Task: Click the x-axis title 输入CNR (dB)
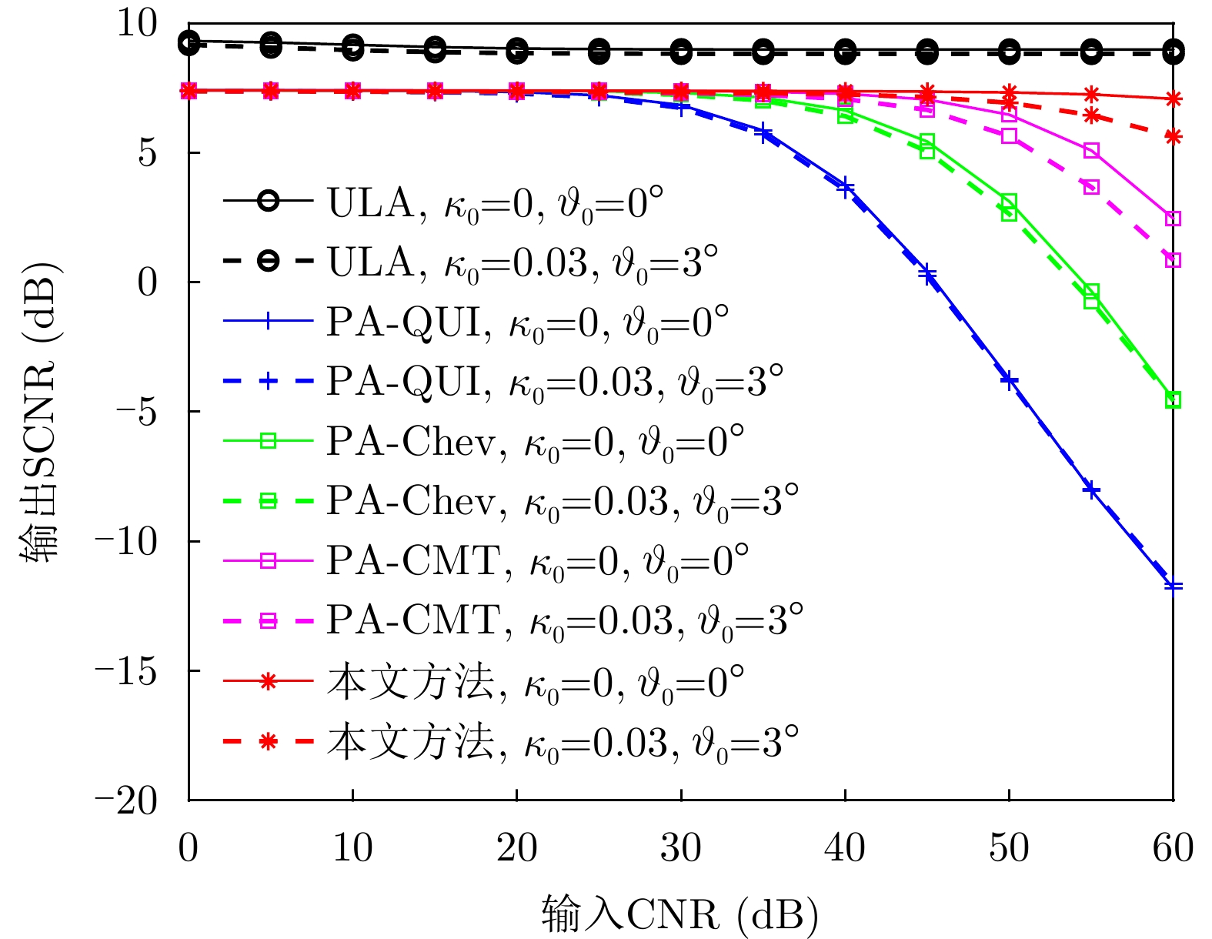pos(680,914)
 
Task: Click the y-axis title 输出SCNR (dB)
pos(40,412)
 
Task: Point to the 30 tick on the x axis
pos(681,848)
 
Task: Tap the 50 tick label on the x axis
pos(1009,848)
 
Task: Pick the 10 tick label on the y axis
pos(137,23)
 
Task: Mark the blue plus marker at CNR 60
pos(1173,586)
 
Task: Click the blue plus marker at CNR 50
pos(1009,380)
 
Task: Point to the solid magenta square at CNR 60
pos(1173,219)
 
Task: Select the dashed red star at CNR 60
pos(1173,137)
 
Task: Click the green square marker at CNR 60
pos(1173,399)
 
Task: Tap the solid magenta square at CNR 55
pos(1091,150)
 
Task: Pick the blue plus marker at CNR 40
pos(845,187)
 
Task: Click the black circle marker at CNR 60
pos(1173,52)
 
